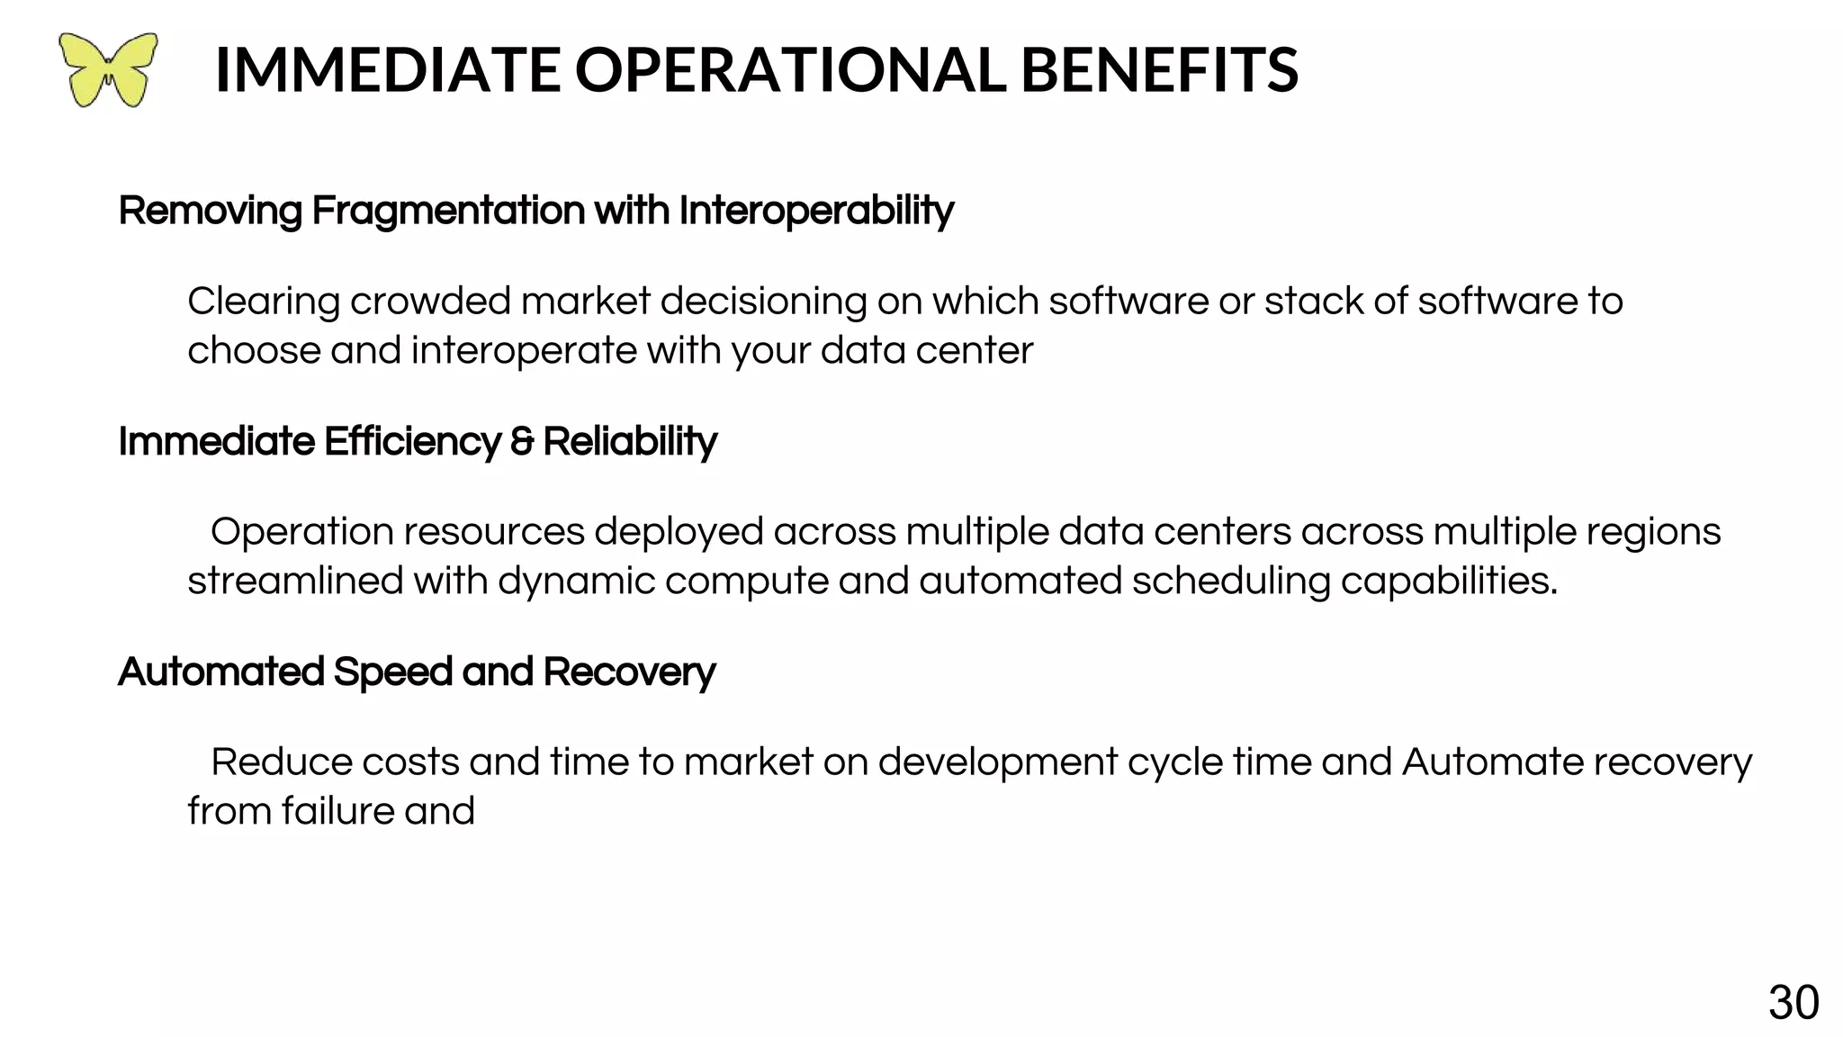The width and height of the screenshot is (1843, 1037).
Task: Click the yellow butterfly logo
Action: tap(108, 69)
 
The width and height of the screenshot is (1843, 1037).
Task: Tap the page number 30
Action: tap(1794, 1003)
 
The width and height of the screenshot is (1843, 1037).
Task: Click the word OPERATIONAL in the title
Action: tap(789, 69)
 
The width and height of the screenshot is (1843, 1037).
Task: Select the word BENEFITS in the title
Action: tap(1159, 69)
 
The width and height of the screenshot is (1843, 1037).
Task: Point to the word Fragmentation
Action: tap(448, 211)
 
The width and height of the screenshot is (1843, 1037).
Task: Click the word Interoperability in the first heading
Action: tap(815, 211)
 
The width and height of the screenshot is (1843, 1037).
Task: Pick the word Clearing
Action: tap(264, 302)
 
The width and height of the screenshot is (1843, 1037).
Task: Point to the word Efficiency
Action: tap(411, 442)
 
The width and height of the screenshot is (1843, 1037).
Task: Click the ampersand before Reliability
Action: tap(521, 442)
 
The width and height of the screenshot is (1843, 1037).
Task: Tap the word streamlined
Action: tap(295, 582)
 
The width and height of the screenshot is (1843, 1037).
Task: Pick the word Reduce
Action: tap(281, 762)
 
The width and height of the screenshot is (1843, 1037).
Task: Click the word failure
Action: tap(337, 812)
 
